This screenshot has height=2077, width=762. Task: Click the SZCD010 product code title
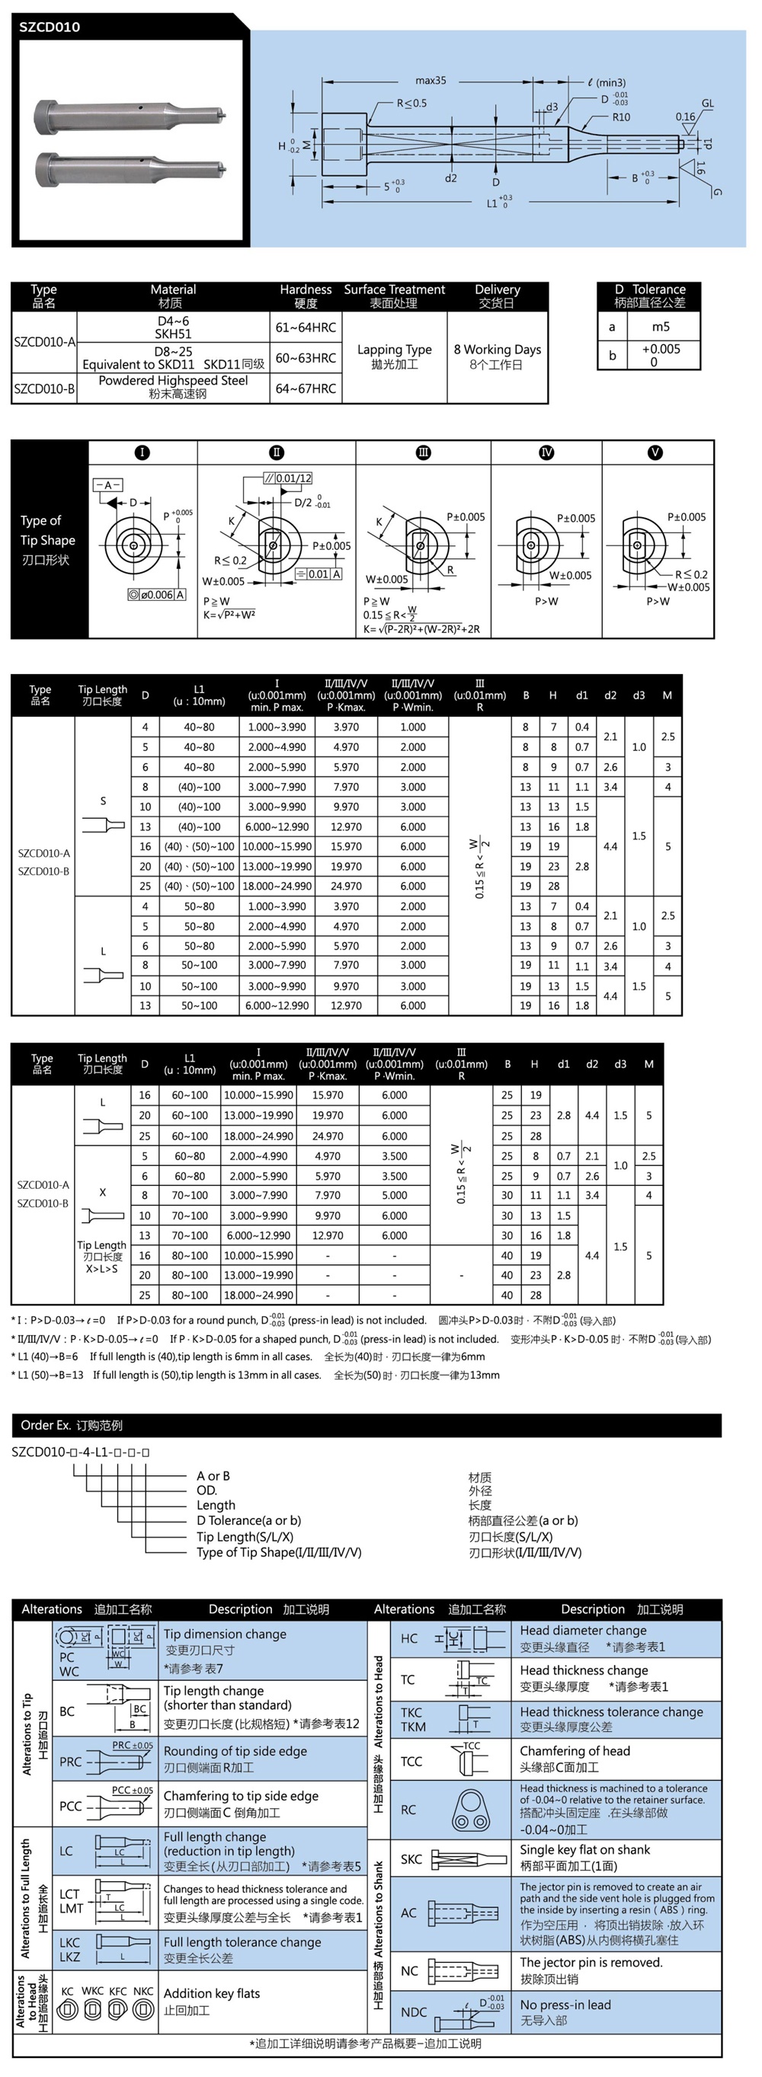tap(50, 27)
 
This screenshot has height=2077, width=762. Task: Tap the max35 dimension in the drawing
tap(431, 81)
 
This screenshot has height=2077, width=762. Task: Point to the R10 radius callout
tap(621, 117)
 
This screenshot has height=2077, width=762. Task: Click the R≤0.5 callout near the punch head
tap(411, 104)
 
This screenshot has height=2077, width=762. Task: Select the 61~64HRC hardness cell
tap(306, 328)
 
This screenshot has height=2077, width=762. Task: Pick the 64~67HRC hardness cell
tap(306, 388)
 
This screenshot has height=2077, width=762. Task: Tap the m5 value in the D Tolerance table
tap(661, 327)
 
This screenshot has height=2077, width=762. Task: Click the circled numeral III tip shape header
tap(422, 452)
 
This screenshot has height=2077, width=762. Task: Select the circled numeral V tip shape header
tap(655, 452)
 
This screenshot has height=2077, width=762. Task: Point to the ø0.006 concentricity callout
tap(157, 594)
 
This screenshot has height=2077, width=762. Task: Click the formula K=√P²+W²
tap(229, 615)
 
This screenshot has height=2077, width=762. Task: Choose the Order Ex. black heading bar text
tap(71, 1425)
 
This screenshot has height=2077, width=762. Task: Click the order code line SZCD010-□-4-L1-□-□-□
tap(81, 1452)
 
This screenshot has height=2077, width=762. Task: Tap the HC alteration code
tap(409, 1638)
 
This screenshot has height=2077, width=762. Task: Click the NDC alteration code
tap(414, 2011)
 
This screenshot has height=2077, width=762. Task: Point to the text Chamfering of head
tap(574, 1750)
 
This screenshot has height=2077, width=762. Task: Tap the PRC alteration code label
tap(70, 1762)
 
